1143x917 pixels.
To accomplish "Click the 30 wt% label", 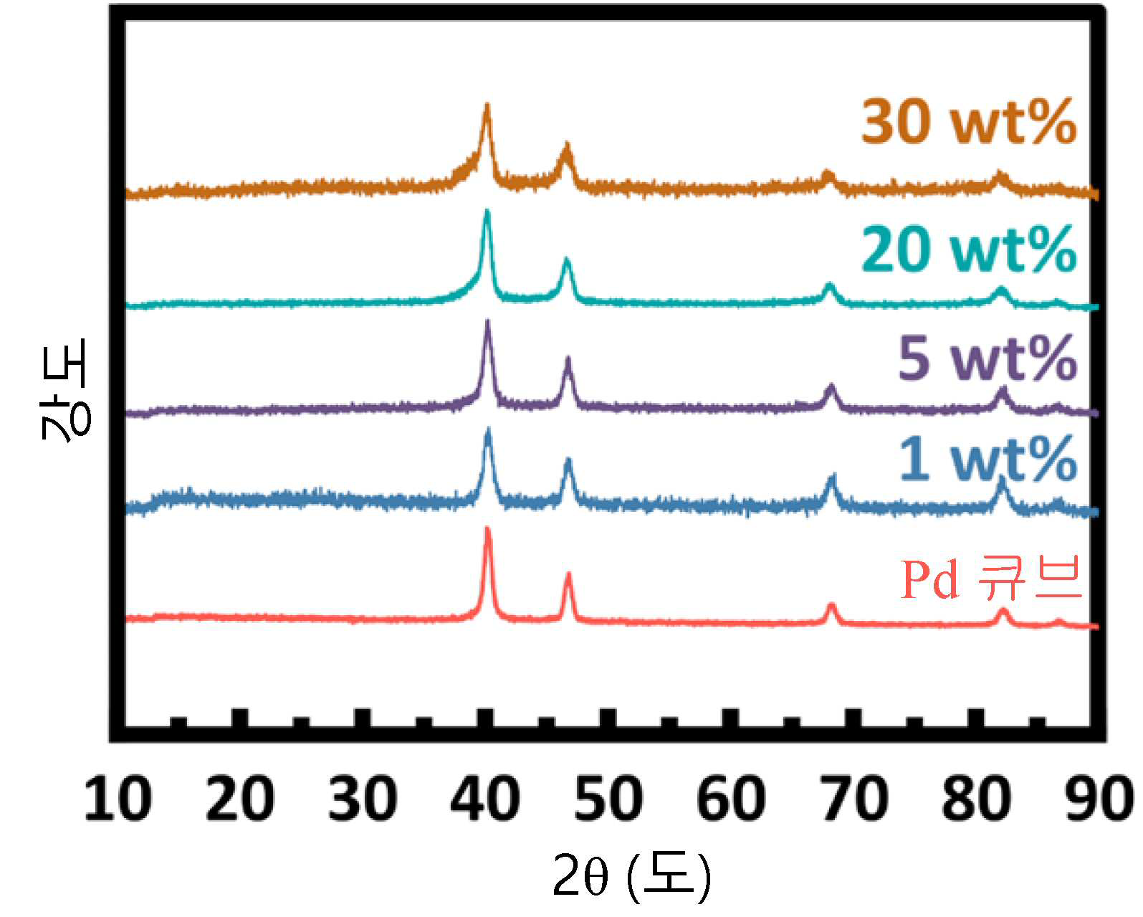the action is (x=968, y=121).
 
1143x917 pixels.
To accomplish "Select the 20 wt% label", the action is (x=968, y=249).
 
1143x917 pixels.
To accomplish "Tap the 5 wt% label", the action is (x=987, y=358).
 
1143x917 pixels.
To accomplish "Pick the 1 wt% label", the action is (x=987, y=458).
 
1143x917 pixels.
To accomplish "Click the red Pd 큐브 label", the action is (x=990, y=579).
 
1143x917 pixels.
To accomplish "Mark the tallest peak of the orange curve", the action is (x=486, y=105).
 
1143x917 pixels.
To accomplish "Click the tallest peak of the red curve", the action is (x=487, y=528).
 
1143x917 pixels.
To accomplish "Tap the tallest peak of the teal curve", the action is (x=486, y=211).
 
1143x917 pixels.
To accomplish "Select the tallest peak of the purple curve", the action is (x=487, y=322).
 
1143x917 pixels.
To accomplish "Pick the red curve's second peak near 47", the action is (x=568, y=574).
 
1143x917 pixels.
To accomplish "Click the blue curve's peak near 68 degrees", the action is (x=832, y=476).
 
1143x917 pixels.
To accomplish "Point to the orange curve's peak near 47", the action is (x=567, y=144).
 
